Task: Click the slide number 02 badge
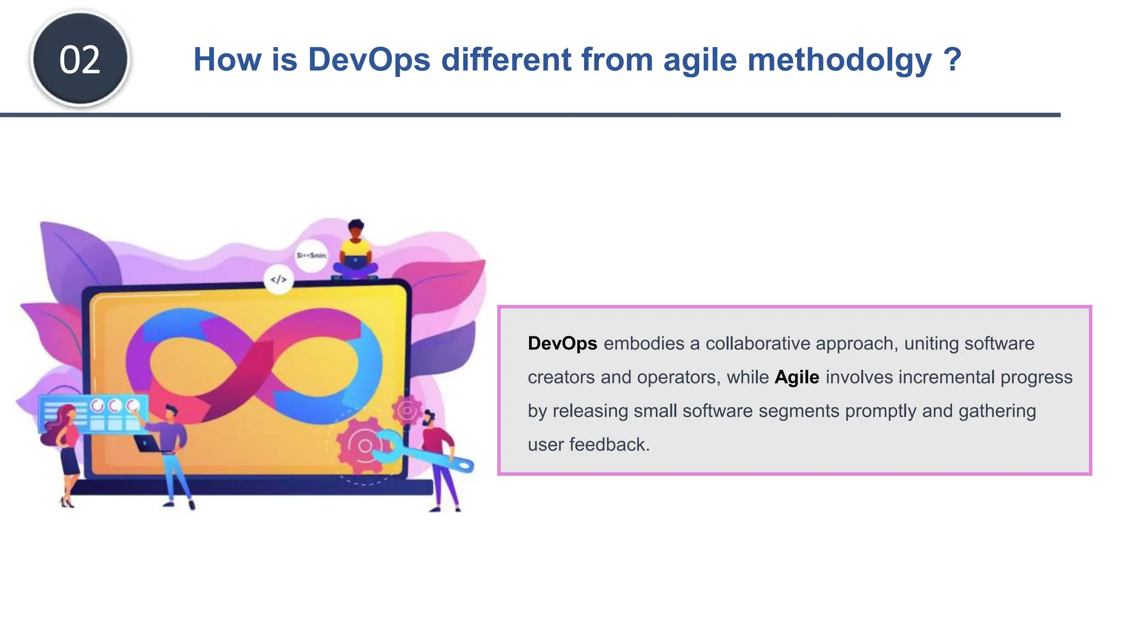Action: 80,59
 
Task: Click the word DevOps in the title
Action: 369,59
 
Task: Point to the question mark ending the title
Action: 952,59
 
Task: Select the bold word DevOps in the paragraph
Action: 562,343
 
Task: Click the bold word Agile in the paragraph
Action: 796,377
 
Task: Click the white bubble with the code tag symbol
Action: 278,280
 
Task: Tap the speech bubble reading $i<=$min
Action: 311,255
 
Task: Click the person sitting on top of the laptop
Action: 356,252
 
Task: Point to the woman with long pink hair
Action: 66,450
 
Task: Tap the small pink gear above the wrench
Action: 407,410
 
